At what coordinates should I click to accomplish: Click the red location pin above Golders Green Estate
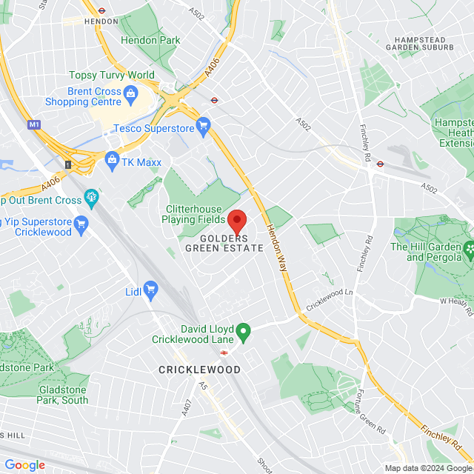coord(236,221)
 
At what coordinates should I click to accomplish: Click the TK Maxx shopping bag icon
coord(112,158)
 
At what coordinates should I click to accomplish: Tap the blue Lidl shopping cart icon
coord(151,288)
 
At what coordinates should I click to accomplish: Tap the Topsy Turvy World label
coord(112,75)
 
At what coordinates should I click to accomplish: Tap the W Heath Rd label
coord(456,301)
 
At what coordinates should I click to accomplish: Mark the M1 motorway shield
coord(34,124)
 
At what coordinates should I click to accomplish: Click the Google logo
coord(24,464)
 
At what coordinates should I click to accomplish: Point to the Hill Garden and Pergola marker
coord(468,252)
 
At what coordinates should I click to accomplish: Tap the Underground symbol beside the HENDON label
coord(101,10)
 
